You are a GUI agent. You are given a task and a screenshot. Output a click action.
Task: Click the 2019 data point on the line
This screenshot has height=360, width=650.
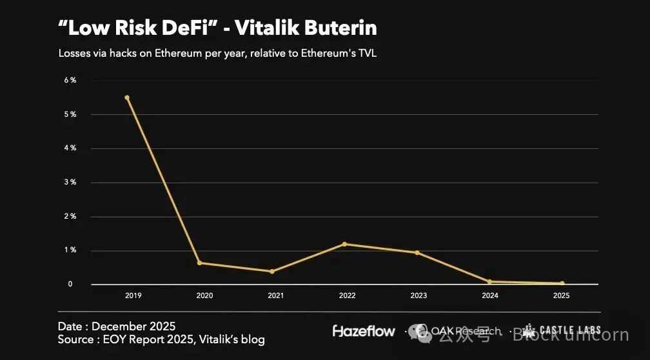pyautogui.click(x=127, y=97)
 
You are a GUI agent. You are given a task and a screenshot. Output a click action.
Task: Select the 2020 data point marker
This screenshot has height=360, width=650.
pyautogui.click(x=199, y=263)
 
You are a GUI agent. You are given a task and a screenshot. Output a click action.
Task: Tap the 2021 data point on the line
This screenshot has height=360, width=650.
pyautogui.click(x=272, y=271)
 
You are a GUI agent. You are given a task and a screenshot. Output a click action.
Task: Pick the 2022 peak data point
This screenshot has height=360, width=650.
pyautogui.click(x=344, y=244)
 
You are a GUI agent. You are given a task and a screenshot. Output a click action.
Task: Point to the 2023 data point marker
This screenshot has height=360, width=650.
pyautogui.click(x=417, y=252)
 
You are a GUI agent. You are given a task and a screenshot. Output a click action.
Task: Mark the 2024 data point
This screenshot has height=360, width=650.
pyautogui.click(x=489, y=281)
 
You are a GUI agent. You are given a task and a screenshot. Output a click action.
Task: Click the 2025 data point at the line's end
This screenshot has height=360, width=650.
pyautogui.click(x=562, y=283)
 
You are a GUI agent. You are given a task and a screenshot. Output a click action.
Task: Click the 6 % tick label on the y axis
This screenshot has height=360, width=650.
pyautogui.click(x=70, y=80)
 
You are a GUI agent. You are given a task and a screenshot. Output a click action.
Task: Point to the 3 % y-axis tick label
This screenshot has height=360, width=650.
pyautogui.click(x=70, y=182)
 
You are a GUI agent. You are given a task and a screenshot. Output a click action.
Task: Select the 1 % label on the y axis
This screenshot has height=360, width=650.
pyautogui.click(x=70, y=250)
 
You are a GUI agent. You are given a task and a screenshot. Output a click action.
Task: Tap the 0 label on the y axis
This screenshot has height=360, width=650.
pyautogui.click(x=71, y=284)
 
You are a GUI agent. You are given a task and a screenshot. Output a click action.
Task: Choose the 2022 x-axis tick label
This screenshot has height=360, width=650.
pyautogui.click(x=347, y=295)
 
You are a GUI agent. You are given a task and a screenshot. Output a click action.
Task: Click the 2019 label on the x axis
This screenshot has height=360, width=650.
pyautogui.click(x=133, y=295)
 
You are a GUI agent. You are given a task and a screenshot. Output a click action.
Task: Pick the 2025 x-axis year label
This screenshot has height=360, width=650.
pyautogui.click(x=562, y=295)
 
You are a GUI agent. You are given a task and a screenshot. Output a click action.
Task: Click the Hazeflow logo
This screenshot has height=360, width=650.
pyautogui.click(x=364, y=331)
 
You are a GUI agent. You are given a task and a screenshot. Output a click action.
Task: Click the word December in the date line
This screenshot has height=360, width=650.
pyautogui.click(x=119, y=326)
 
